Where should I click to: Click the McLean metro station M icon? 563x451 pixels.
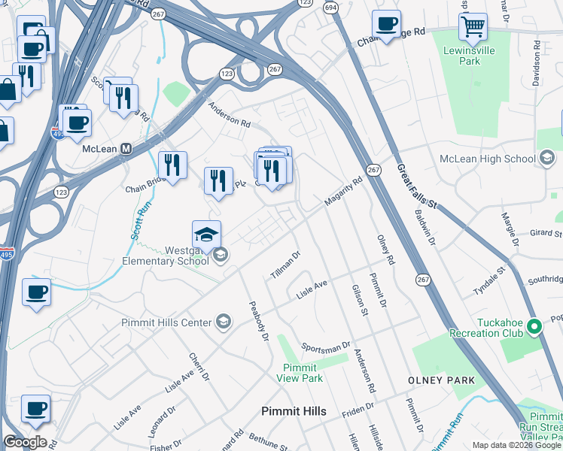[x=126, y=148]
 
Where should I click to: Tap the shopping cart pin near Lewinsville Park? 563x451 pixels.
[x=473, y=28]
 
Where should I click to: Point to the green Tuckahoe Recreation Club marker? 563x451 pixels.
[x=534, y=326]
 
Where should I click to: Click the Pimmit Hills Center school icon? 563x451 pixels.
[x=223, y=322]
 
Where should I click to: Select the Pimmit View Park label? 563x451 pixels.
[x=303, y=373]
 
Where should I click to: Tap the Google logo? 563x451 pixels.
[x=24, y=442]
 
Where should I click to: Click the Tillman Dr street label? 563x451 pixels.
[x=285, y=264]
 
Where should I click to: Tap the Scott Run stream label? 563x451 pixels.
[x=137, y=219]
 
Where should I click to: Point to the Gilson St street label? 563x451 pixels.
[x=359, y=300]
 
